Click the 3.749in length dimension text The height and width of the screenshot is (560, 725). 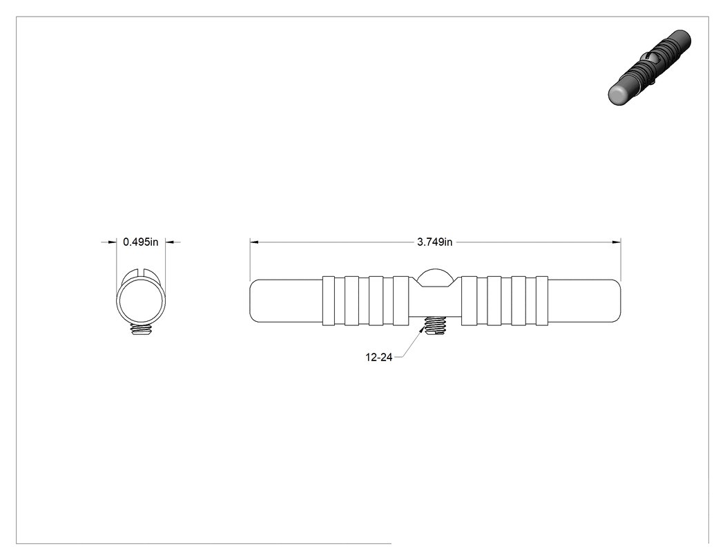point(434,242)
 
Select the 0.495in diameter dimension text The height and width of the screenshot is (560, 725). point(141,242)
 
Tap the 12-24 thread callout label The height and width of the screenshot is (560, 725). point(378,357)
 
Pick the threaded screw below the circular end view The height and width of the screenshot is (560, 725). point(141,329)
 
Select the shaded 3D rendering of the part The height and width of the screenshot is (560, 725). point(649,68)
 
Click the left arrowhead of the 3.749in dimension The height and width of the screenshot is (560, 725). point(254,242)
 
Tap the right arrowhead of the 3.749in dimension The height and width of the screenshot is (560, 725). point(617,242)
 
